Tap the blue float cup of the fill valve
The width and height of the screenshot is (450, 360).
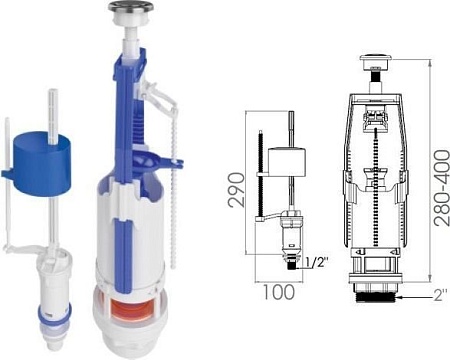[x=41, y=163]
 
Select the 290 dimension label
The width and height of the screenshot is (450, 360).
[x=236, y=190]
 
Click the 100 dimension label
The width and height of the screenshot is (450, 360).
[x=279, y=292]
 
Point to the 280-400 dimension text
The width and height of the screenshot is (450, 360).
[x=442, y=188]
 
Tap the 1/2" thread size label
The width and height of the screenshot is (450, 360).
[x=316, y=262]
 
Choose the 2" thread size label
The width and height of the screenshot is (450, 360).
[x=441, y=295]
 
